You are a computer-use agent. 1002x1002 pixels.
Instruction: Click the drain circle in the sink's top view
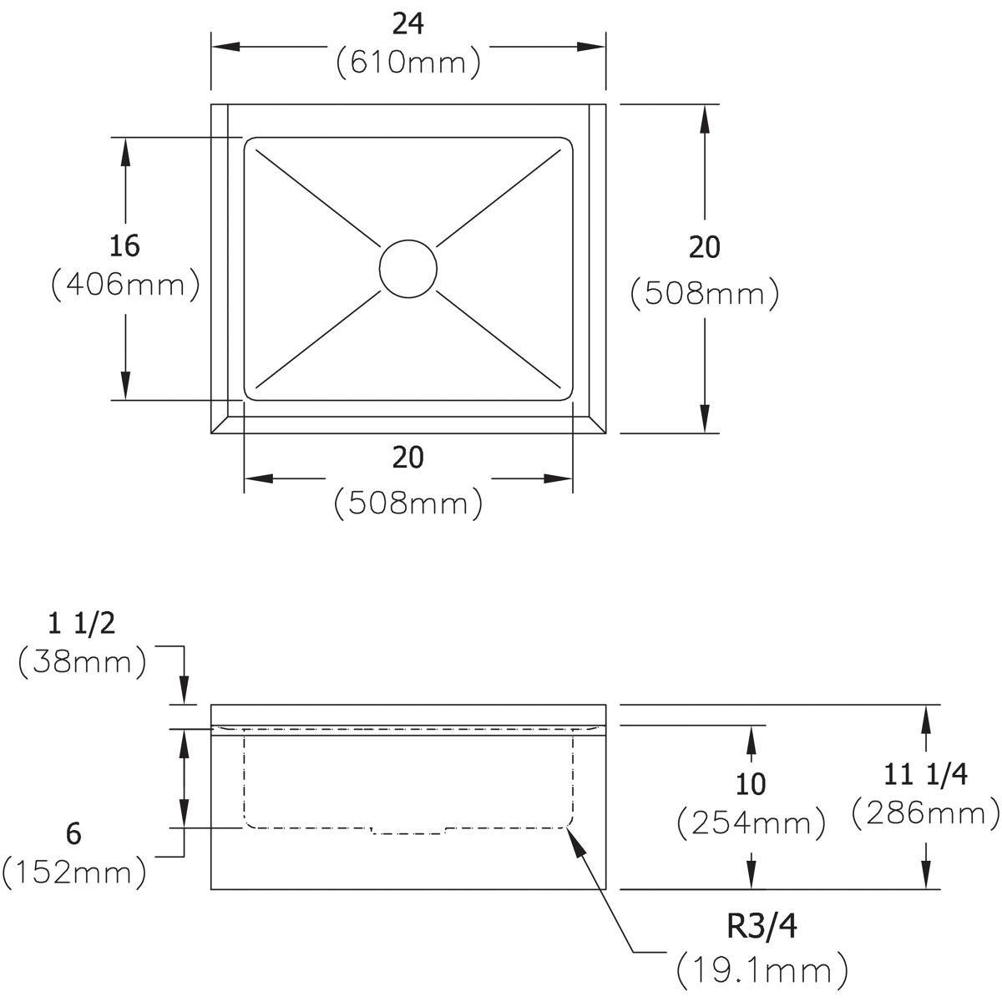point(407,268)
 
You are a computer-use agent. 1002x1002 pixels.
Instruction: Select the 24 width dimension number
point(408,24)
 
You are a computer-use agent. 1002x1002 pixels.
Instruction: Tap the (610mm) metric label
point(408,63)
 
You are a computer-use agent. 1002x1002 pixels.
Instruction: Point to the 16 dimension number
point(124,245)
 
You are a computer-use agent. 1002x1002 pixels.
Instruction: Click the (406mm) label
point(125,285)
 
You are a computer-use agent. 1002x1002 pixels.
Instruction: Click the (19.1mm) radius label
point(762,969)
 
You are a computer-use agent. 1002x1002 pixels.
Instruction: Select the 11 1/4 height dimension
point(925,775)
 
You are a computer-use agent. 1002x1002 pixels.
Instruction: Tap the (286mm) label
point(925,812)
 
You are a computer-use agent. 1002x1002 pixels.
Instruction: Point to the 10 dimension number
point(751,784)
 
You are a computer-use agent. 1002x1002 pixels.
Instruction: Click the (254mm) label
point(751,823)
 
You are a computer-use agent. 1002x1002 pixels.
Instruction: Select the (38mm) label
point(82,662)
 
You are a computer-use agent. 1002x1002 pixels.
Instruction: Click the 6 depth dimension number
point(74,833)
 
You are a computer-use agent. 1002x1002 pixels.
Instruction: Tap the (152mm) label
point(74,873)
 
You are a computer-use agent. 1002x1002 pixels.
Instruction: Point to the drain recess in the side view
point(408,831)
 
